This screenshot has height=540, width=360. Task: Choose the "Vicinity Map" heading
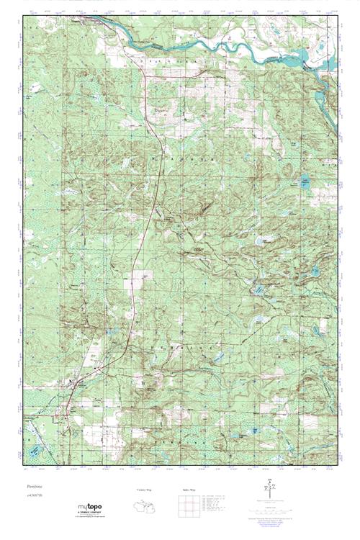click(x=144, y=490)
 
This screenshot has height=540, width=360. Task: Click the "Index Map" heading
click(x=179, y=490)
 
